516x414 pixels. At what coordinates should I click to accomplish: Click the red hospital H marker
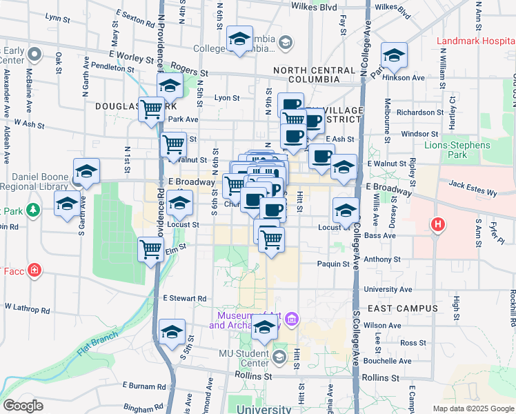tap(436, 224)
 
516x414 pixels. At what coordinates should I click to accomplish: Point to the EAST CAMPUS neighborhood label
tap(403, 308)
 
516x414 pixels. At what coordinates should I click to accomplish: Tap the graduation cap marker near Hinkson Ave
tap(394, 56)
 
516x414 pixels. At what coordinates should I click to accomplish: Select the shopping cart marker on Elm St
tap(151, 250)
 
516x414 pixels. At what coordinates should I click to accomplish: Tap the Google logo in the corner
tap(23, 405)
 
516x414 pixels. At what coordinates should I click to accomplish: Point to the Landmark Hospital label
tap(476, 41)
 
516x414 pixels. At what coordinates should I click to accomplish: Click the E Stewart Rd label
tap(184, 299)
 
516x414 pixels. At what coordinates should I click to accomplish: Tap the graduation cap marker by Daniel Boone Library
tap(87, 172)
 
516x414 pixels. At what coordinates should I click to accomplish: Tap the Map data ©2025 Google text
tap(473, 408)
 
